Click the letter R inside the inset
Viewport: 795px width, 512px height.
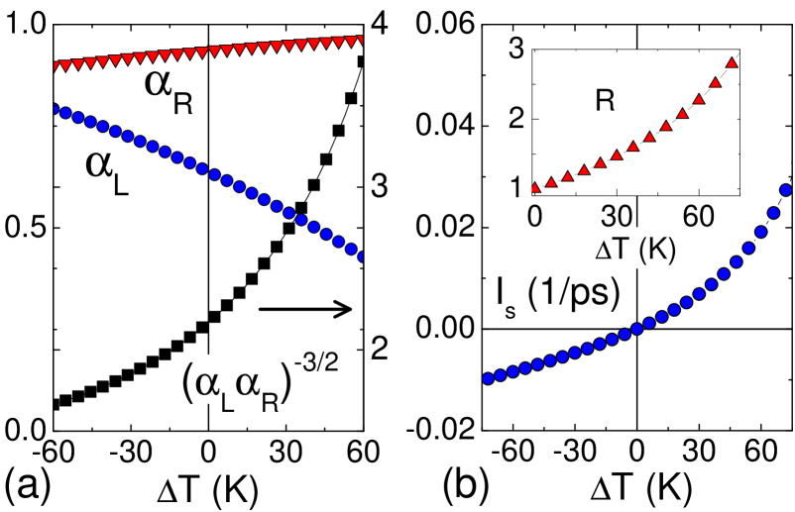[x=605, y=100]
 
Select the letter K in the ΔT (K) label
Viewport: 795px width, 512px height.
[x=655, y=251]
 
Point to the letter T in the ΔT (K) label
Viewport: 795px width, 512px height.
[x=620, y=251]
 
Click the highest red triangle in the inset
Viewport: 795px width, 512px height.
[x=732, y=62]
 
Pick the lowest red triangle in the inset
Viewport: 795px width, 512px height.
[x=534, y=187]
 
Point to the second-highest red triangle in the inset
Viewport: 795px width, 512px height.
[x=715, y=82]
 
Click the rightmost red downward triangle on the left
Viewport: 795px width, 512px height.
[x=358, y=41]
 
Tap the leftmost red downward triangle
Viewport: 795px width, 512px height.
[x=57, y=67]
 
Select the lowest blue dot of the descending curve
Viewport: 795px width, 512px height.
[x=361, y=256]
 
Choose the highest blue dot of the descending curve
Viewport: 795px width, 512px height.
[x=56, y=110]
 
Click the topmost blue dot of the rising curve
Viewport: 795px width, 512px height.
[x=786, y=190]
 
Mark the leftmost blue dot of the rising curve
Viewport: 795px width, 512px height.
[x=488, y=378]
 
